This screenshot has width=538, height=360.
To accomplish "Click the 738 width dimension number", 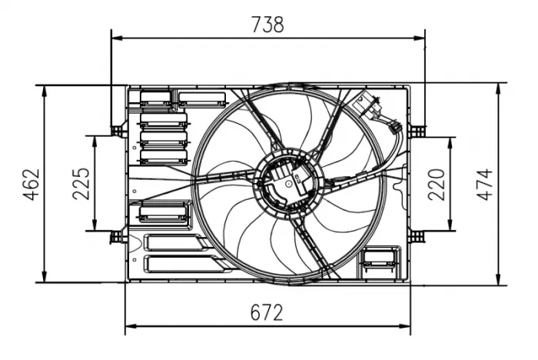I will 268,24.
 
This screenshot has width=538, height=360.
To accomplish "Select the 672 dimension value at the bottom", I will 267,313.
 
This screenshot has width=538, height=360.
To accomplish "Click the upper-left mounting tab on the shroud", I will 117,130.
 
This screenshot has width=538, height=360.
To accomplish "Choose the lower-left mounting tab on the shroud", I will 117,235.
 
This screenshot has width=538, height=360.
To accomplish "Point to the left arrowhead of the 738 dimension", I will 116,36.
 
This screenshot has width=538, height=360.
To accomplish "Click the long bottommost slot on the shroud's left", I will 183,265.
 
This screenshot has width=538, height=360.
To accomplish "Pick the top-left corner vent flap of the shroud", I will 157,98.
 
